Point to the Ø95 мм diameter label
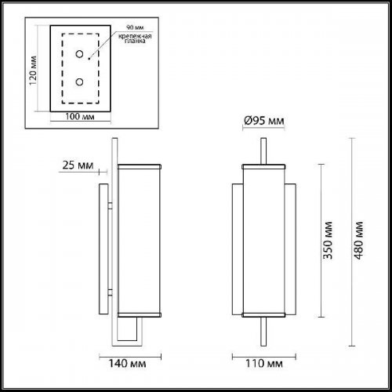point(263,121)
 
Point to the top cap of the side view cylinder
point(140,167)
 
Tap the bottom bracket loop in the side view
point(134,329)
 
